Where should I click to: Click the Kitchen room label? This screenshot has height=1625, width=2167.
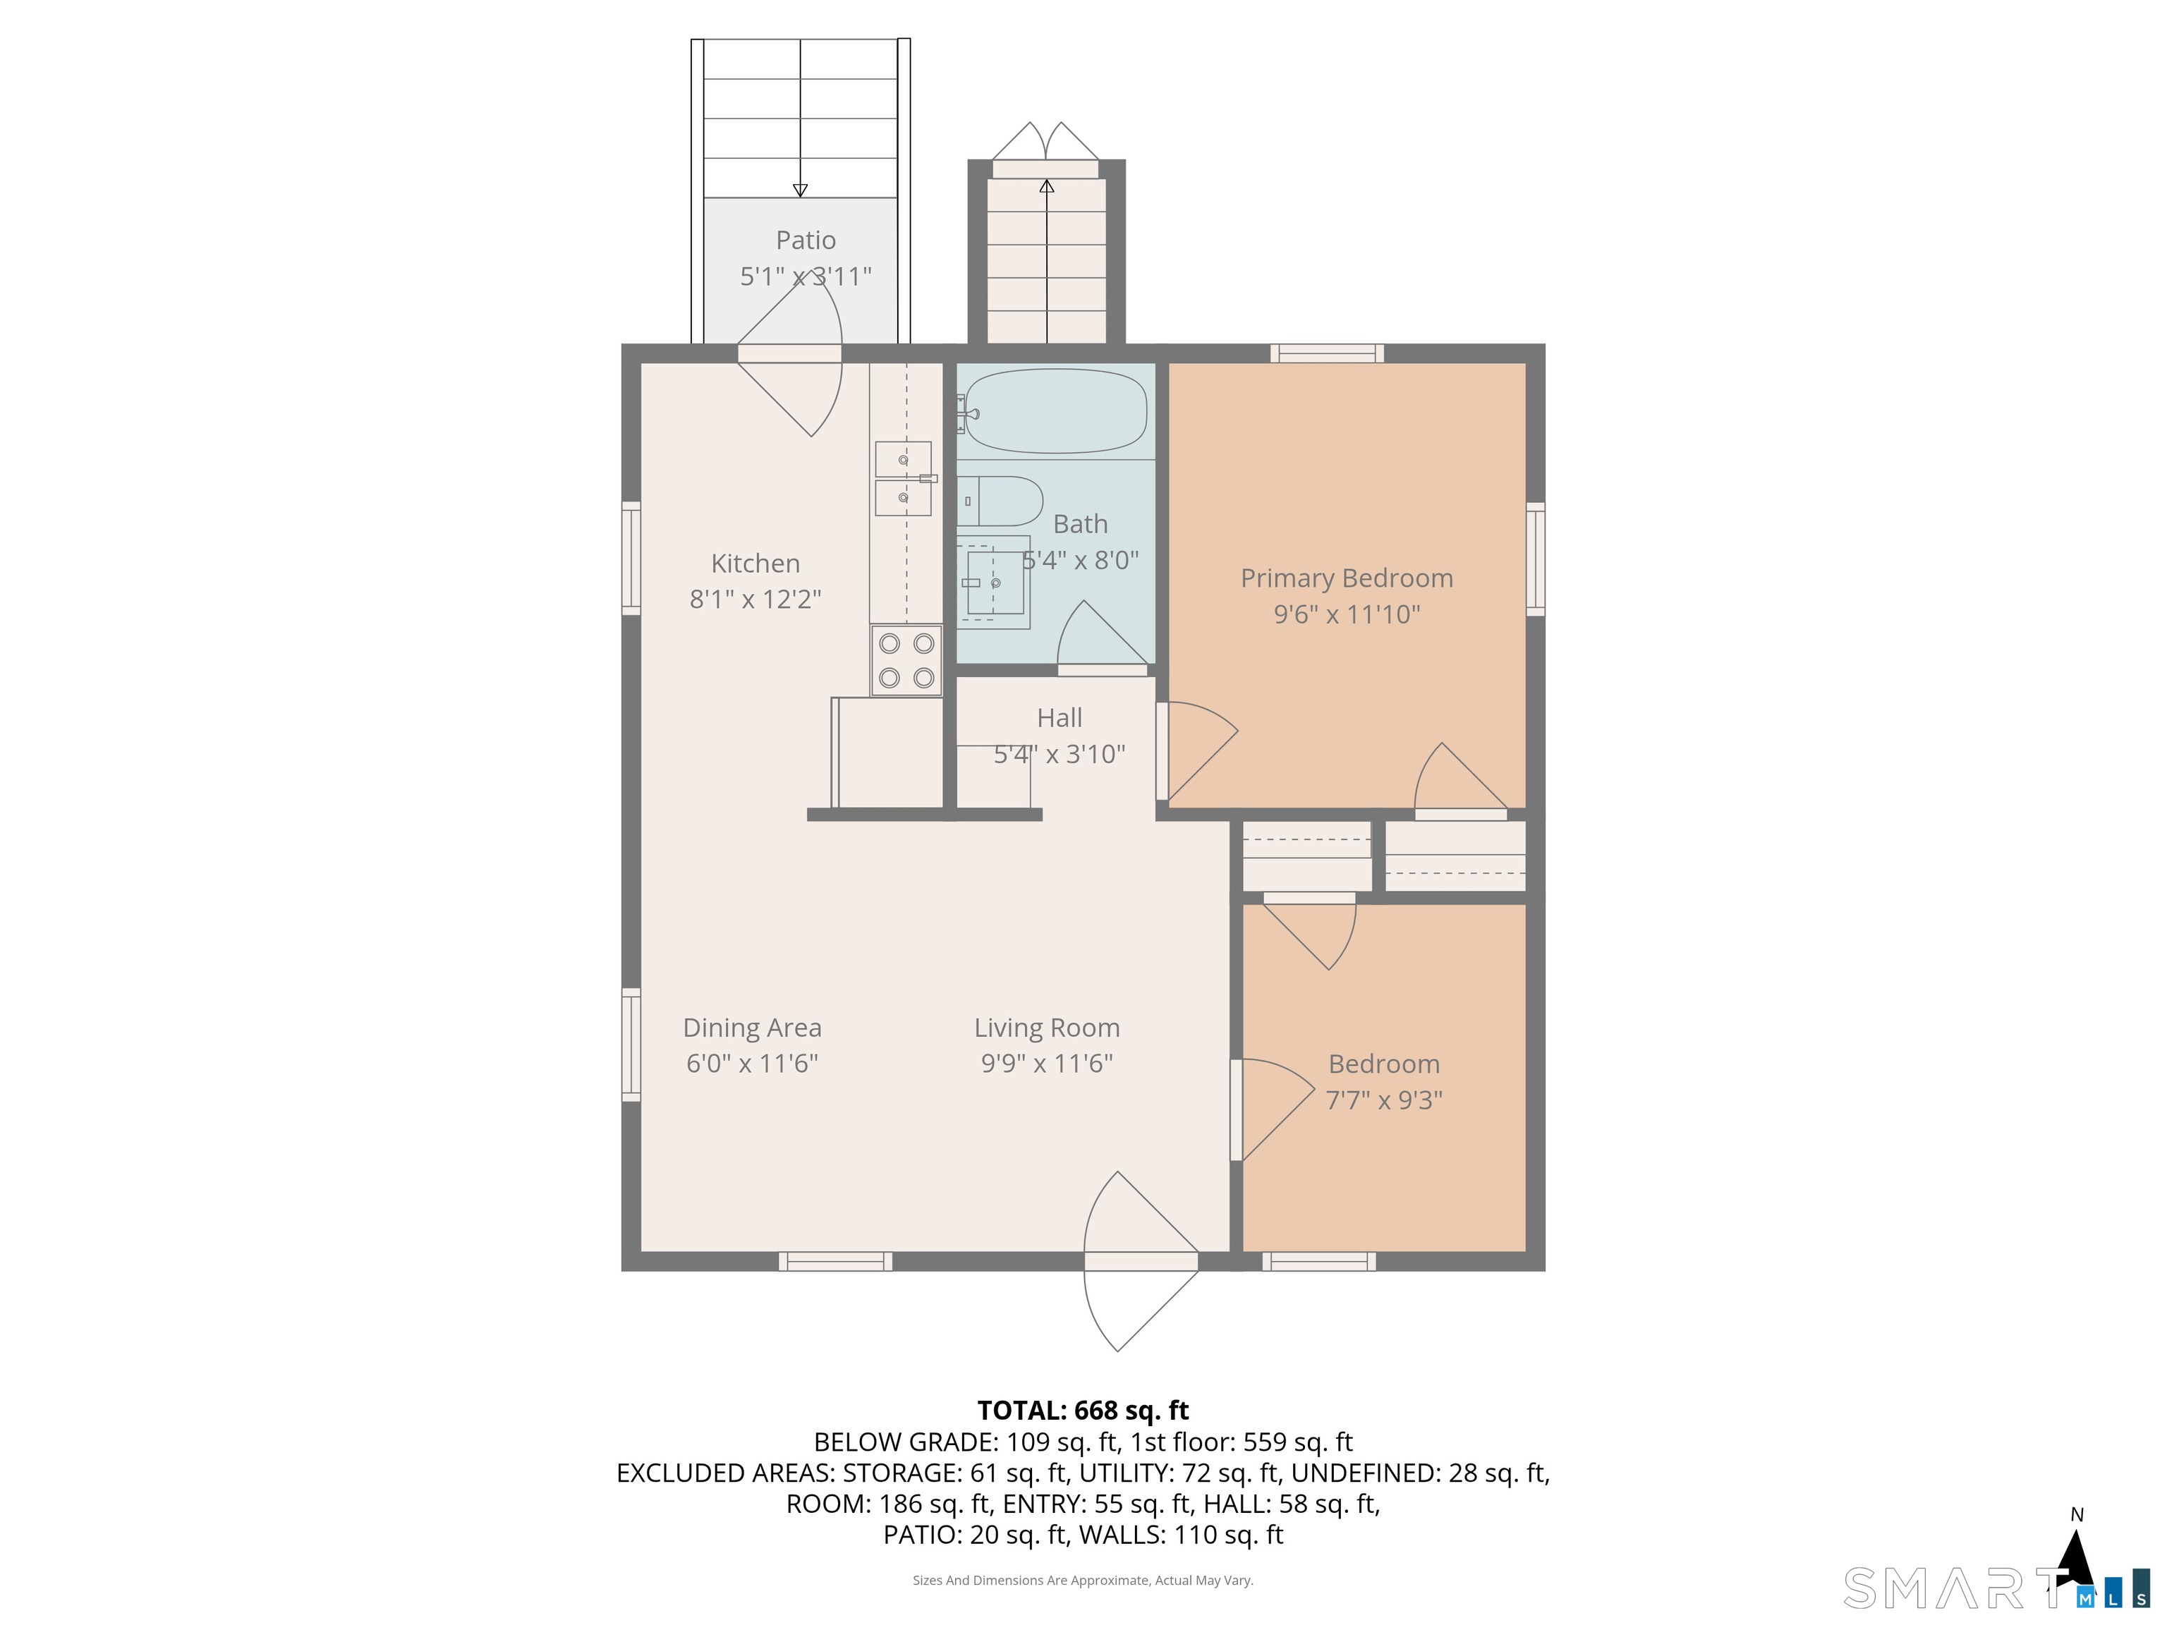[755, 564]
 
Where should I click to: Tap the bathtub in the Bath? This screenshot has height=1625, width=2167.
[1055, 411]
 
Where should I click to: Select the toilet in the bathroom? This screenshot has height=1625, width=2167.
[1000, 501]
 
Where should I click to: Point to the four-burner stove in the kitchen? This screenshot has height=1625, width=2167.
[906, 661]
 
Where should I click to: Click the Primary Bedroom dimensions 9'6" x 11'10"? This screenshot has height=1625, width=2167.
[1347, 614]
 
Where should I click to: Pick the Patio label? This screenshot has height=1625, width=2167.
[806, 240]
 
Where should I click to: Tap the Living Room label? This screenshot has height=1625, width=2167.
[1046, 1028]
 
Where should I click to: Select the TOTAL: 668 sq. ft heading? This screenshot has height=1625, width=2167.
[1083, 1411]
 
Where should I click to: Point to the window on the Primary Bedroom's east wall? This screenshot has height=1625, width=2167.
[1535, 559]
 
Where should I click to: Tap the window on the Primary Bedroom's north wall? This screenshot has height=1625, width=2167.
[1328, 353]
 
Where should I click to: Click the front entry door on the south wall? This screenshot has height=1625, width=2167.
[1141, 1262]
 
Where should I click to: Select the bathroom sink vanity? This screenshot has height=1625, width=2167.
[993, 583]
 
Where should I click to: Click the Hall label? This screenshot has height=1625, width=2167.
[1059, 718]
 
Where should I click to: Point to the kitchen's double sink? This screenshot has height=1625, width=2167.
[903, 478]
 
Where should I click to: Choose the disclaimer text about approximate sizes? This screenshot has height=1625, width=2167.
[1083, 1580]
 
